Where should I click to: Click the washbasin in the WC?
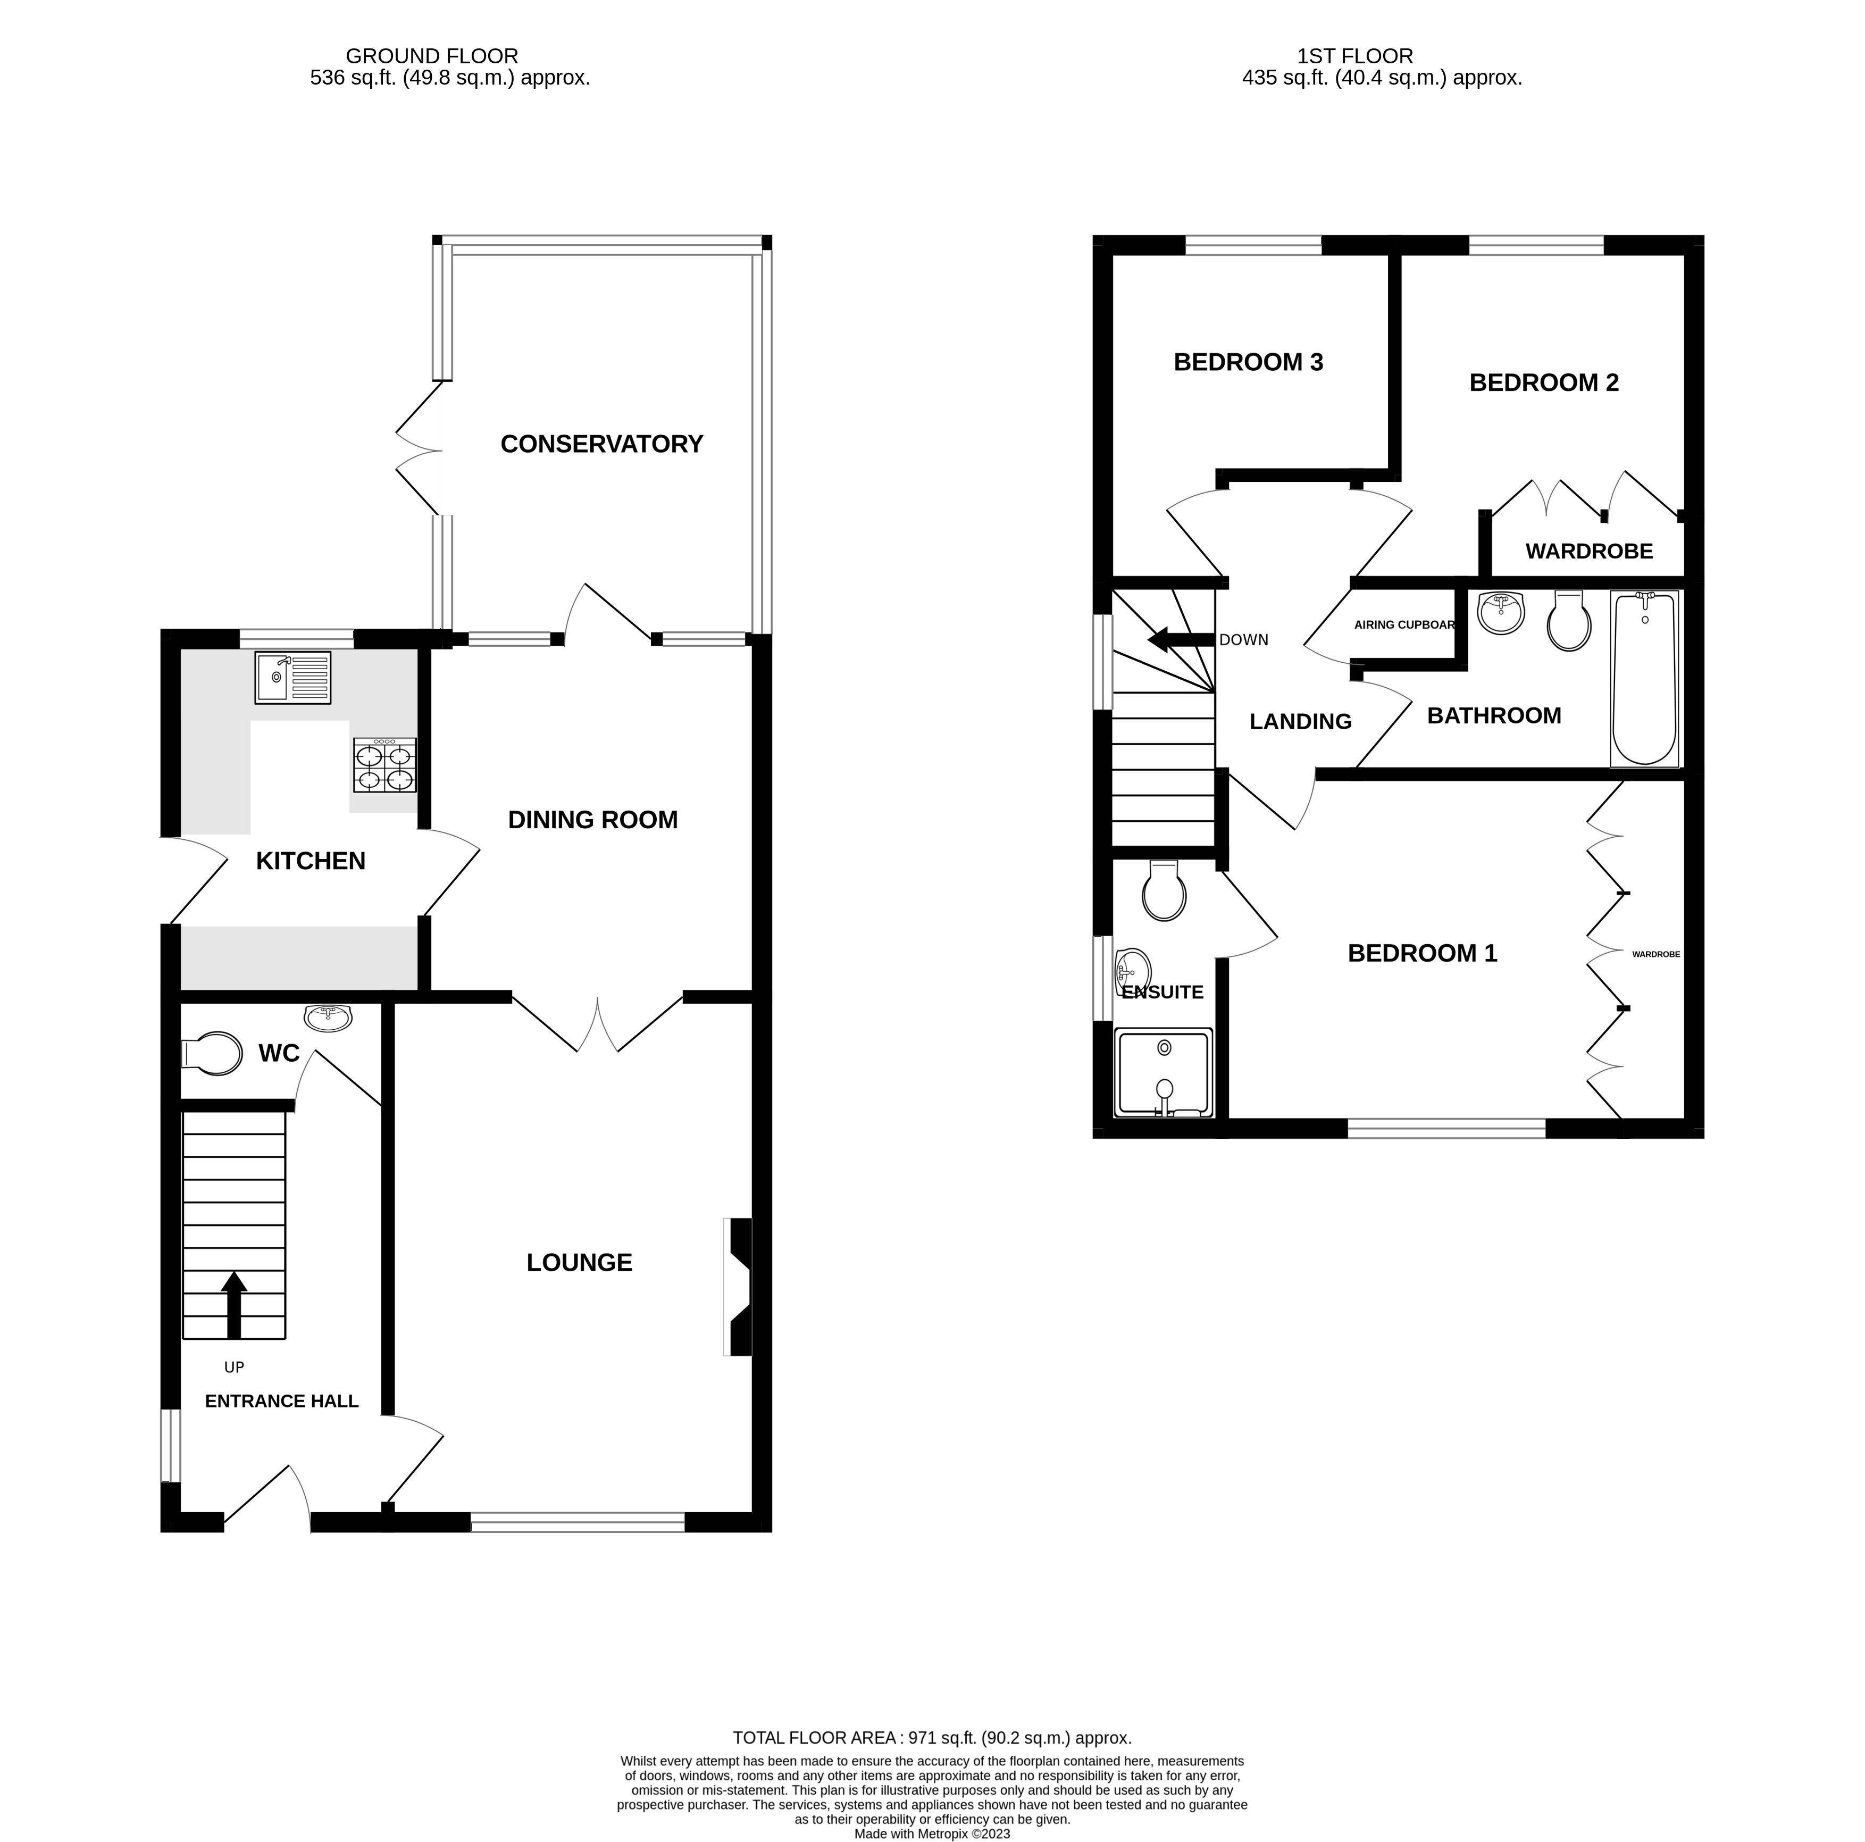(328, 1016)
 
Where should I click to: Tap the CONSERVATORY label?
(601, 444)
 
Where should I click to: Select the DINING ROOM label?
(593, 820)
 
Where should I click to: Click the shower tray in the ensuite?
(1163, 1072)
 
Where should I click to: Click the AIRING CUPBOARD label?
(1404, 624)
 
